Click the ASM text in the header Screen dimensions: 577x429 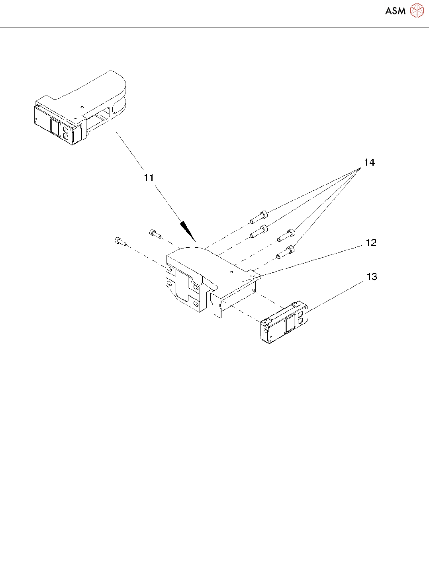(x=395, y=11)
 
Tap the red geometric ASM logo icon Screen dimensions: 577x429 (x=417, y=11)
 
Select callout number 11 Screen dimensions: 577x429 (x=149, y=178)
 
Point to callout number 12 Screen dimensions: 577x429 (x=371, y=243)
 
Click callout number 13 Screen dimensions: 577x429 (x=372, y=277)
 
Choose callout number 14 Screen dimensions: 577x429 (x=369, y=162)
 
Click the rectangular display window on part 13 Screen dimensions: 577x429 (x=289, y=325)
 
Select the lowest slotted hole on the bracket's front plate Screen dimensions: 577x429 (x=196, y=305)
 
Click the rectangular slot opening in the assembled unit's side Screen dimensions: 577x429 (x=101, y=115)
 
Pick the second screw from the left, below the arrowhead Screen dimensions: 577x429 (x=155, y=234)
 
